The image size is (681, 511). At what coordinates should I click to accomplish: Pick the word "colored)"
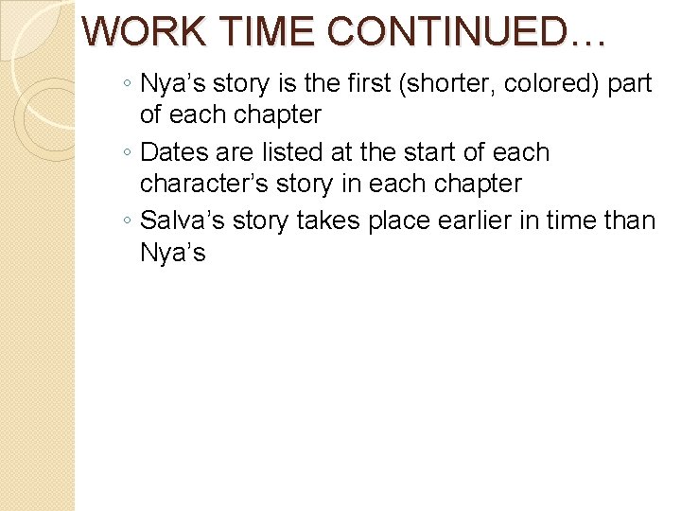[547, 83]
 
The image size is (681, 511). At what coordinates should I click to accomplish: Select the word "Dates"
[174, 152]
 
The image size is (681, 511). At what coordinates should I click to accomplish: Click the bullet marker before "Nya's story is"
[128, 85]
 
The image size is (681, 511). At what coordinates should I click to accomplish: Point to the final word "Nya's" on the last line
[172, 253]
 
